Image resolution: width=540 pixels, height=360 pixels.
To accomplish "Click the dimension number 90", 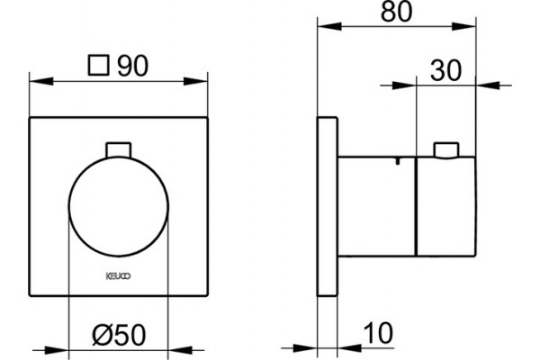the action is click(133, 66).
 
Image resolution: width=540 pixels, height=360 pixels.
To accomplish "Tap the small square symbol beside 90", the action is click(98, 65).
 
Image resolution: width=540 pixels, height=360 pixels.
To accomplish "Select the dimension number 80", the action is click(396, 12).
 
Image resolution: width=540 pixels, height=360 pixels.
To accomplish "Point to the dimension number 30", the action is click(445, 70).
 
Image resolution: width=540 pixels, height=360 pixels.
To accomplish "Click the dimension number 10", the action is click(379, 333).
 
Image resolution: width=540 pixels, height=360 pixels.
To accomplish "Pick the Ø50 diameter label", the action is click(119, 335).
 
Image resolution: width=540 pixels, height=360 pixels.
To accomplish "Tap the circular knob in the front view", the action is click(119, 206).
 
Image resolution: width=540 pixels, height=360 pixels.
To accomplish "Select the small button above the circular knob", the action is click(119, 150).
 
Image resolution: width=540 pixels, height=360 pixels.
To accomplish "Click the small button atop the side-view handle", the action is click(446, 150).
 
